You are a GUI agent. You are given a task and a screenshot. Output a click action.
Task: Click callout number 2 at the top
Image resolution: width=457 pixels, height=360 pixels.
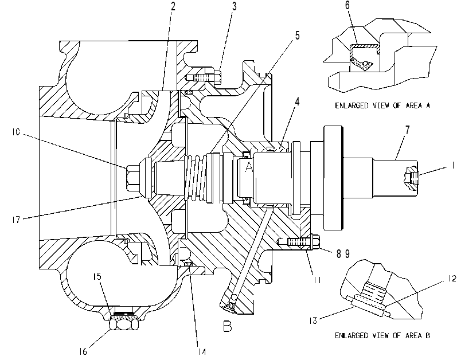click(173, 6)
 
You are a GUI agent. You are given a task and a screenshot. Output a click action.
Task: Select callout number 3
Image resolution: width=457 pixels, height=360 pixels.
click(234, 7)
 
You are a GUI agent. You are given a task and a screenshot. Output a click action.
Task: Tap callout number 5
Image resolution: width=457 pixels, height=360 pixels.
click(297, 35)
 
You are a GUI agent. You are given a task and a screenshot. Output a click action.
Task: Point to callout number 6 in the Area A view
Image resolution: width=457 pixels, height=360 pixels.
click(347, 5)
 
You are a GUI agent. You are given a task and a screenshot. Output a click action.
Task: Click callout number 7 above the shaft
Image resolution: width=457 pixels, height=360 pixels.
click(407, 130)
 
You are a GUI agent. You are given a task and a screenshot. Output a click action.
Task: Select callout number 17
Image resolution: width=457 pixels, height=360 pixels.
click(16, 220)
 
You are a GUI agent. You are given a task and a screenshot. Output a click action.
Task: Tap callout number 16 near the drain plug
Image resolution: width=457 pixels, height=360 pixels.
click(83, 351)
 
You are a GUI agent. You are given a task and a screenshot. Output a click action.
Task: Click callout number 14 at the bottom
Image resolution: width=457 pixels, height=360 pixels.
click(202, 352)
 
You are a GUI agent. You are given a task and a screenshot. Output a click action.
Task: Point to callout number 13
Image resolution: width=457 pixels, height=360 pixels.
click(313, 320)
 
